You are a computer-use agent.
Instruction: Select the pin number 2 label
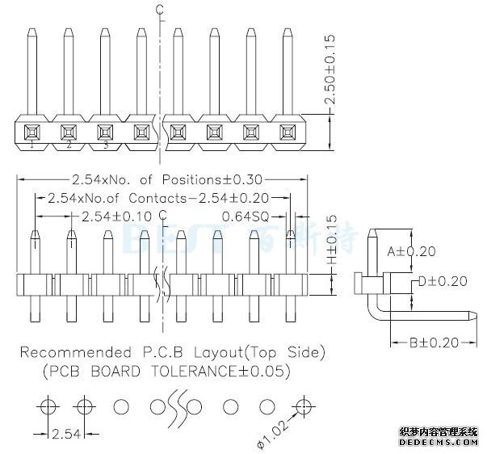(x=69, y=145)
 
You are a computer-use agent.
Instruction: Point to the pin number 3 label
(x=105, y=145)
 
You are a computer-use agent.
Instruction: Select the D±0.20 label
(x=442, y=281)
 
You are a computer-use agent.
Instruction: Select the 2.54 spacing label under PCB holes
(x=65, y=435)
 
